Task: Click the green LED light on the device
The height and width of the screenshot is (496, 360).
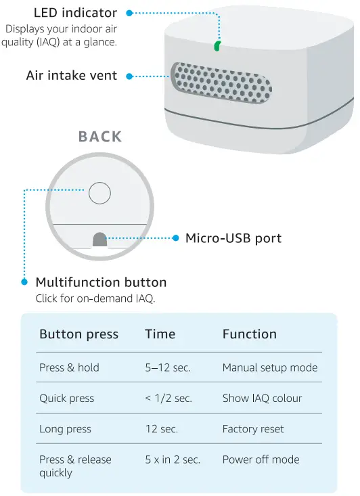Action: point(217,45)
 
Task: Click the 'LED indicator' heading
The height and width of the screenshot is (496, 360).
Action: point(75,13)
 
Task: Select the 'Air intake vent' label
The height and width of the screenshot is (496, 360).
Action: point(72,75)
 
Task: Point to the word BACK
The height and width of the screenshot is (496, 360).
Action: point(100,137)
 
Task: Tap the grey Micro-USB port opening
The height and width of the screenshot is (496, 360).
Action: point(99,240)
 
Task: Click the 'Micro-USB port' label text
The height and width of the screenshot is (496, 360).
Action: point(233,238)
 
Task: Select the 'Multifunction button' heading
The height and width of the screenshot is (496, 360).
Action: point(101,282)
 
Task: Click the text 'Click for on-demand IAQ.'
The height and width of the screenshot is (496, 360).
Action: point(95,298)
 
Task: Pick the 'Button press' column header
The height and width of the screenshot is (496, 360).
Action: point(78,334)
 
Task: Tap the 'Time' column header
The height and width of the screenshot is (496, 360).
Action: point(160,334)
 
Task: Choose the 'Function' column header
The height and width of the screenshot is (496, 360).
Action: point(249,334)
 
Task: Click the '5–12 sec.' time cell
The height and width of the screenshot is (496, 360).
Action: point(167,368)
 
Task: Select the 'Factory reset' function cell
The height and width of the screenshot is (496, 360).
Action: point(253,429)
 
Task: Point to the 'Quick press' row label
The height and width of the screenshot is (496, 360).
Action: point(66,399)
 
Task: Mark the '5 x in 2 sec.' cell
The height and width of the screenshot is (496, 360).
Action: point(172,459)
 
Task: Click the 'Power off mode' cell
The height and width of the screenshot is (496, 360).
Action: point(261,459)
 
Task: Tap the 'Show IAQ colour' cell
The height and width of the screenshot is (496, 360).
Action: point(262,399)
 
